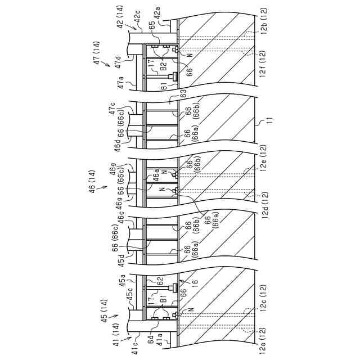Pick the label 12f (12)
tap(263, 64)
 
